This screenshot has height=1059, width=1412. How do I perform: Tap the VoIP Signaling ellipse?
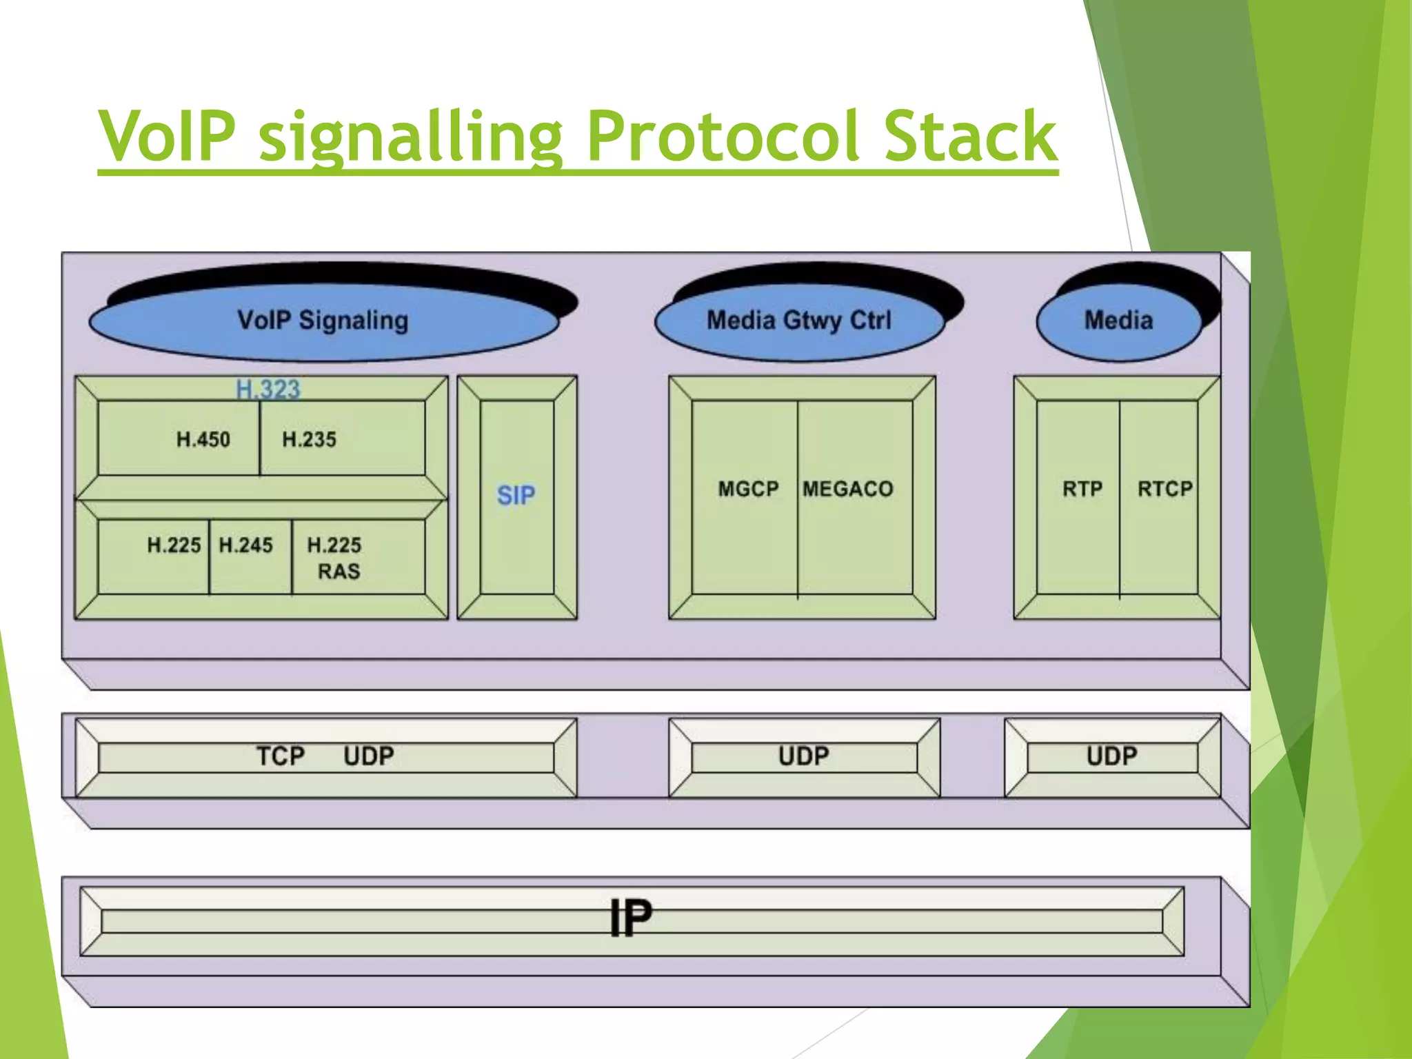coord(323,321)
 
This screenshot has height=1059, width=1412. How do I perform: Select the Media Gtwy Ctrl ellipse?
coord(799,321)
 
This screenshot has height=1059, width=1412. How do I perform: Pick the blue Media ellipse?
coord(1118,321)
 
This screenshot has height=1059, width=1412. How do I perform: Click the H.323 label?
coord(268,390)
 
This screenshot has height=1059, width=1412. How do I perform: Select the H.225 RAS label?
coord(335,558)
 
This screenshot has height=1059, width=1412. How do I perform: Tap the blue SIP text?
coord(516,495)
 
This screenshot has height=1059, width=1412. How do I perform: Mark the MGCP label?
coord(748,490)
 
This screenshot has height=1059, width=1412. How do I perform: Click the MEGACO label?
coord(848,490)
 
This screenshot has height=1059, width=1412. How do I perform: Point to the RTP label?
coord(1082,490)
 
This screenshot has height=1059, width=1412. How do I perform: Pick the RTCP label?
coord(1164,490)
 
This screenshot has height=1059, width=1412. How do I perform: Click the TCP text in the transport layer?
coord(281,756)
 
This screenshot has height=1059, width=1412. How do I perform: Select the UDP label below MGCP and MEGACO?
coord(804,756)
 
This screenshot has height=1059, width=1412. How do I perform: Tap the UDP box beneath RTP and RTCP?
coord(1112,756)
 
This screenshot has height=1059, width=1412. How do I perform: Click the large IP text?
coord(631,918)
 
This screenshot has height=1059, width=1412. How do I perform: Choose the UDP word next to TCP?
coord(369,756)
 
